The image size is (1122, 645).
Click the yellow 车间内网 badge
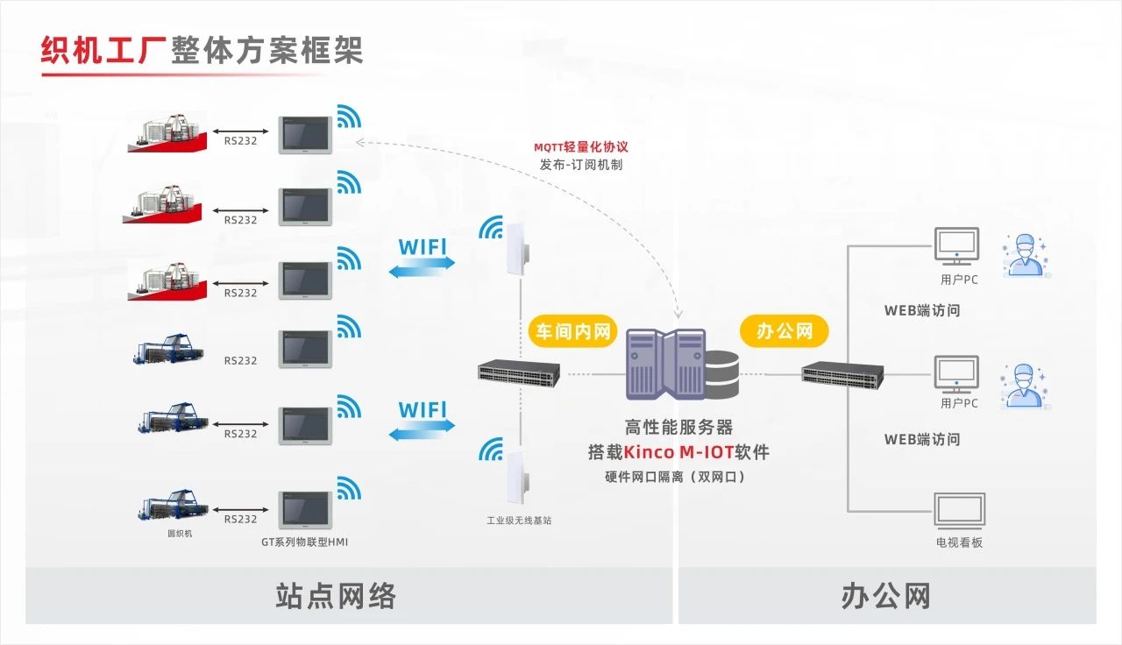pyautogui.click(x=572, y=332)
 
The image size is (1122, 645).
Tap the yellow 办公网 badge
pyautogui.click(x=785, y=331)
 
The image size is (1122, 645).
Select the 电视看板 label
pyautogui.click(x=959, y=542)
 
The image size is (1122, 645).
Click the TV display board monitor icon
pyautogui.click(x=958, y=509)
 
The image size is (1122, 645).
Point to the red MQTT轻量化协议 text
pyautogui.click(x=581, y=147)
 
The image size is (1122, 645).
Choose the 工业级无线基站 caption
pyautogui.click(x=519, y=521)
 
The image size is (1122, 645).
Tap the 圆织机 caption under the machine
pyautogui.click(x=180, y=533)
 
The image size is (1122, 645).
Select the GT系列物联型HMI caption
pyautogui.click(x=304, y=542)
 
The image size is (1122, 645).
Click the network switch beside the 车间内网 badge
pyautogui.click(x=519, y=374)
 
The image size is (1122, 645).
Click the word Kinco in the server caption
pyautogui.click(x=650, y=453)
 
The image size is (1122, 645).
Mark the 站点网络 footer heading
pyautogui.click(x=336, y=596)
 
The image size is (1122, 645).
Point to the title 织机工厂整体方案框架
pyautogui.click(x=202, y=50)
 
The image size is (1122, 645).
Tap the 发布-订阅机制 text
pyautogui.click(x=581, y=165)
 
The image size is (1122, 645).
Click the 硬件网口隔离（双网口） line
pyautogui.click(x=675, y=478)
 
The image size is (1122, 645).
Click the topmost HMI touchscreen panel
pyautogui.click(x=305, y=135)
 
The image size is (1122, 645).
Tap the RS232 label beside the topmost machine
pyautogui.click(x=240, y=140)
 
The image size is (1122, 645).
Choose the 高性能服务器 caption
pyautogui.click(x=678, y=428)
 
